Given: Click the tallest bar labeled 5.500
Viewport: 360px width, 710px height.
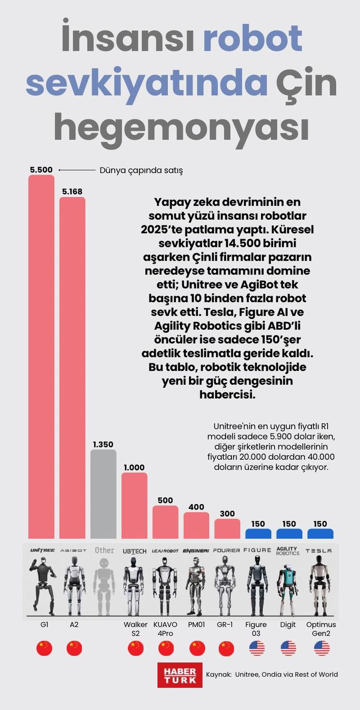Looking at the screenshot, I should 41,357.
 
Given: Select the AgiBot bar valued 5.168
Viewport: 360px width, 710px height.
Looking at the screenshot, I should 73,368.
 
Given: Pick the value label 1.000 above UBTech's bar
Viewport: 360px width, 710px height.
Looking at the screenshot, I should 134,467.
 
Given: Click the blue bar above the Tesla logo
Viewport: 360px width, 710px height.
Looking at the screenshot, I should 321,533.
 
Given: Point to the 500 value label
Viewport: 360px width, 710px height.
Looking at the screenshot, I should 165,500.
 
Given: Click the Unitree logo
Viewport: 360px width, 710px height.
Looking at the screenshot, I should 42,550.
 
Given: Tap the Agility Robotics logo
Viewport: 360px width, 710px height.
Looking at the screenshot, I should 288,551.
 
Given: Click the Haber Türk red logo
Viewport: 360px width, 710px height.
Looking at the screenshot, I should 180,675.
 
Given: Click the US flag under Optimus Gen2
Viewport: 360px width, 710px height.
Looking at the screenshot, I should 321,648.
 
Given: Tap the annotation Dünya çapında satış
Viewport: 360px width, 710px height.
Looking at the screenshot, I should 141,170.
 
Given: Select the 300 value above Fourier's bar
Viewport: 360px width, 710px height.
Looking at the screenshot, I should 227,514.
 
